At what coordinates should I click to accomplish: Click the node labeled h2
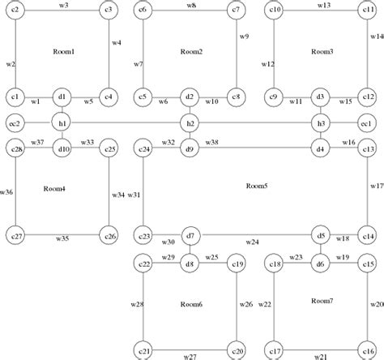[190, 123]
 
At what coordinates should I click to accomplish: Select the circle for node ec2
[15, 123]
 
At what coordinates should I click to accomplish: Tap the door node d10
[62, 149]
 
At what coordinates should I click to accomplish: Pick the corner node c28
[15, 149]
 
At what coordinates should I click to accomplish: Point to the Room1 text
[62, 52]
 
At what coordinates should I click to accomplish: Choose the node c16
[369, 351]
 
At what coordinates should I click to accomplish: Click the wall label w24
[252, 242]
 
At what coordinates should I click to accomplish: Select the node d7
[190, 236]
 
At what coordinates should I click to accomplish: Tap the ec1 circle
[369, 123]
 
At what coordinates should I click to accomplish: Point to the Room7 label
[322, 301]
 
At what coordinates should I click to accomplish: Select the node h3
[321, 123]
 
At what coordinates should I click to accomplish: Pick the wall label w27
[190, 357]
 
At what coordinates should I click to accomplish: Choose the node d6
[321, 264]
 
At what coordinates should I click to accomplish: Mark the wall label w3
[64, 5]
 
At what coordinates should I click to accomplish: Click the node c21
[144, 351]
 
